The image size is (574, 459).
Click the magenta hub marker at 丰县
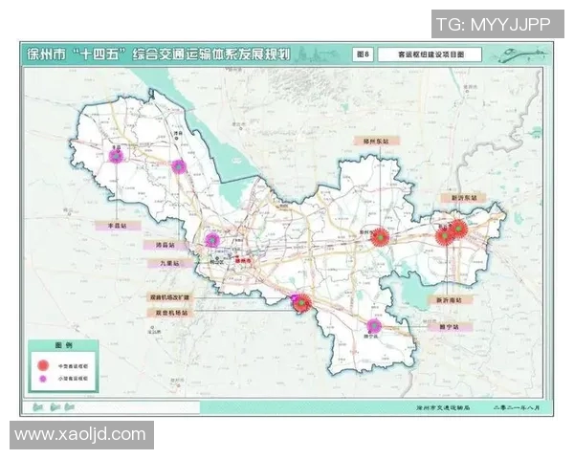[x=117, y=155]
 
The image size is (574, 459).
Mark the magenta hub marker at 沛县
[x=178, y=166]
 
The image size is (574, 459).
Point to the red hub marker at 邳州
[x=381, y=237]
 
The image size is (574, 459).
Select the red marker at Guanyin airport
[x=302, y=304]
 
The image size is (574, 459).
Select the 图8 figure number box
[x=362, y=55]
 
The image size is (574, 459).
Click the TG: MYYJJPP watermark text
[x=493, y=23]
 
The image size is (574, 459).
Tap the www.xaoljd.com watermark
[x=81, y=434]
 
